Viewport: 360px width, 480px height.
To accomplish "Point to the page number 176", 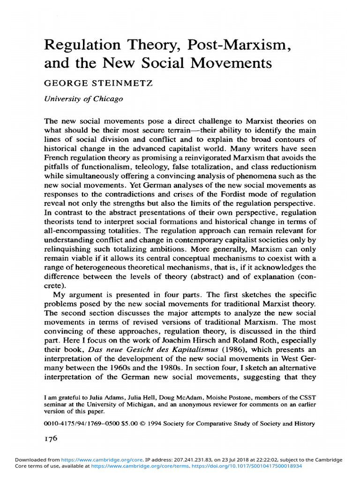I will pyautogui.click(x=51, y=439).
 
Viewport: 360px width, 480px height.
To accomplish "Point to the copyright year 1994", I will pyautogui.click(x=167, y=424).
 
